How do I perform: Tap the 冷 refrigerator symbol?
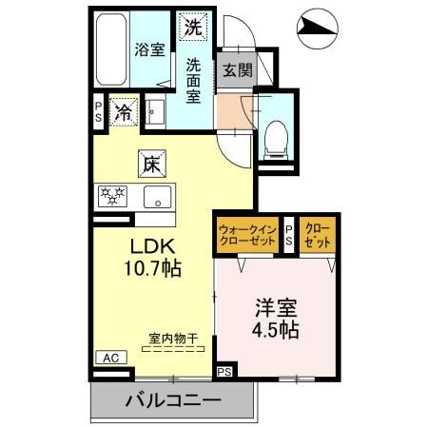click(124, 111)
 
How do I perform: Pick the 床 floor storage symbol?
click(151, 164)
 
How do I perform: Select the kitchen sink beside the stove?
click(157, 197)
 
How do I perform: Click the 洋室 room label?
click(276, 308)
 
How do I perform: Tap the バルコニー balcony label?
click(173, 400)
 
